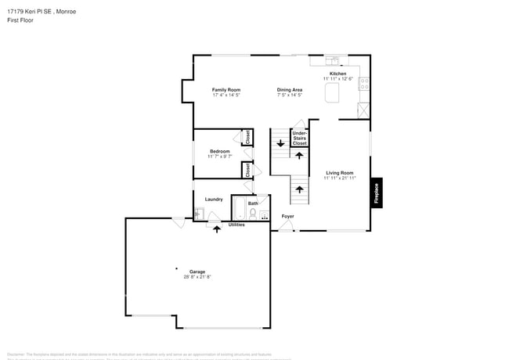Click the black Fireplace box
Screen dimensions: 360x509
tap(377, 193)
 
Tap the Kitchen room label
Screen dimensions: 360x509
tap(338, 74)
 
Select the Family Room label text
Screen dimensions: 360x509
tap(226, 90)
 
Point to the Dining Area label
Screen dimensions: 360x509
tap(290, 90)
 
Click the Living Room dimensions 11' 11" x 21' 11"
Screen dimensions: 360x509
tap(340, 178)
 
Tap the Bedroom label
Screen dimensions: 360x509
tap(219, 150)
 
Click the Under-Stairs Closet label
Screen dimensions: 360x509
tap(300, 139)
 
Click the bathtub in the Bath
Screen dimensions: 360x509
tap(239, 211)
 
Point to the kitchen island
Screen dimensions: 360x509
tap(334, 94)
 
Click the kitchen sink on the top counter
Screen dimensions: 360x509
tap(334, 60)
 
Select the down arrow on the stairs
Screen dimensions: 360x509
tap(280, 143)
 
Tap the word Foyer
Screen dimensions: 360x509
tap(288, 215)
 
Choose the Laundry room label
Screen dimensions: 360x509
tap(214, 200)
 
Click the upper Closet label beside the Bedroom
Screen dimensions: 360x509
tap(247, 137)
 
